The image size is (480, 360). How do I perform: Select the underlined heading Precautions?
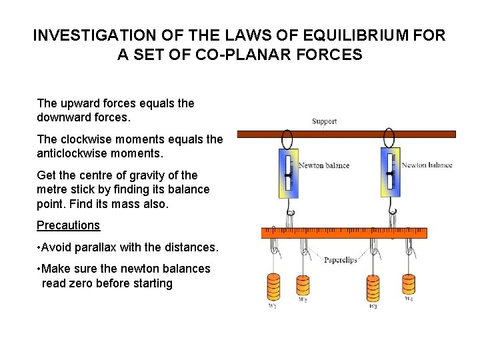[68, 225]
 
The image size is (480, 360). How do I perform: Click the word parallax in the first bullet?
[94, 247]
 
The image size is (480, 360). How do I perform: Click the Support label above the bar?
[325, 121]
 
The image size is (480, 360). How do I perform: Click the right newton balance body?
[389, 172]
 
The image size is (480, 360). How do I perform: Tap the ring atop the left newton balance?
[287, 139]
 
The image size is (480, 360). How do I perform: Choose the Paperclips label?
[340, 260]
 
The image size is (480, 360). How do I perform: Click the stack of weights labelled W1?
[273, 287]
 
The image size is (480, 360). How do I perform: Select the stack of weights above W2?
[303, 287]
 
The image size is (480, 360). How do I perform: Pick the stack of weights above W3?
[373, 289]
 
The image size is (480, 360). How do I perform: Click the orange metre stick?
[343, 233]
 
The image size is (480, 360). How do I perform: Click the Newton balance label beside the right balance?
[427, 165]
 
